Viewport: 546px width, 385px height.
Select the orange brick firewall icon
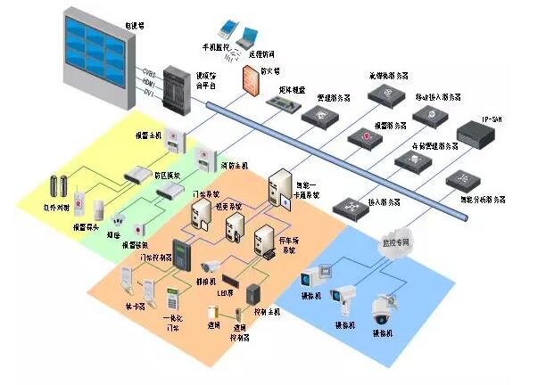coord(249,79)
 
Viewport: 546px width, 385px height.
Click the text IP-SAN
coord(493,118)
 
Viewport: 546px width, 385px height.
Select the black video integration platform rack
coord(178,87)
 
